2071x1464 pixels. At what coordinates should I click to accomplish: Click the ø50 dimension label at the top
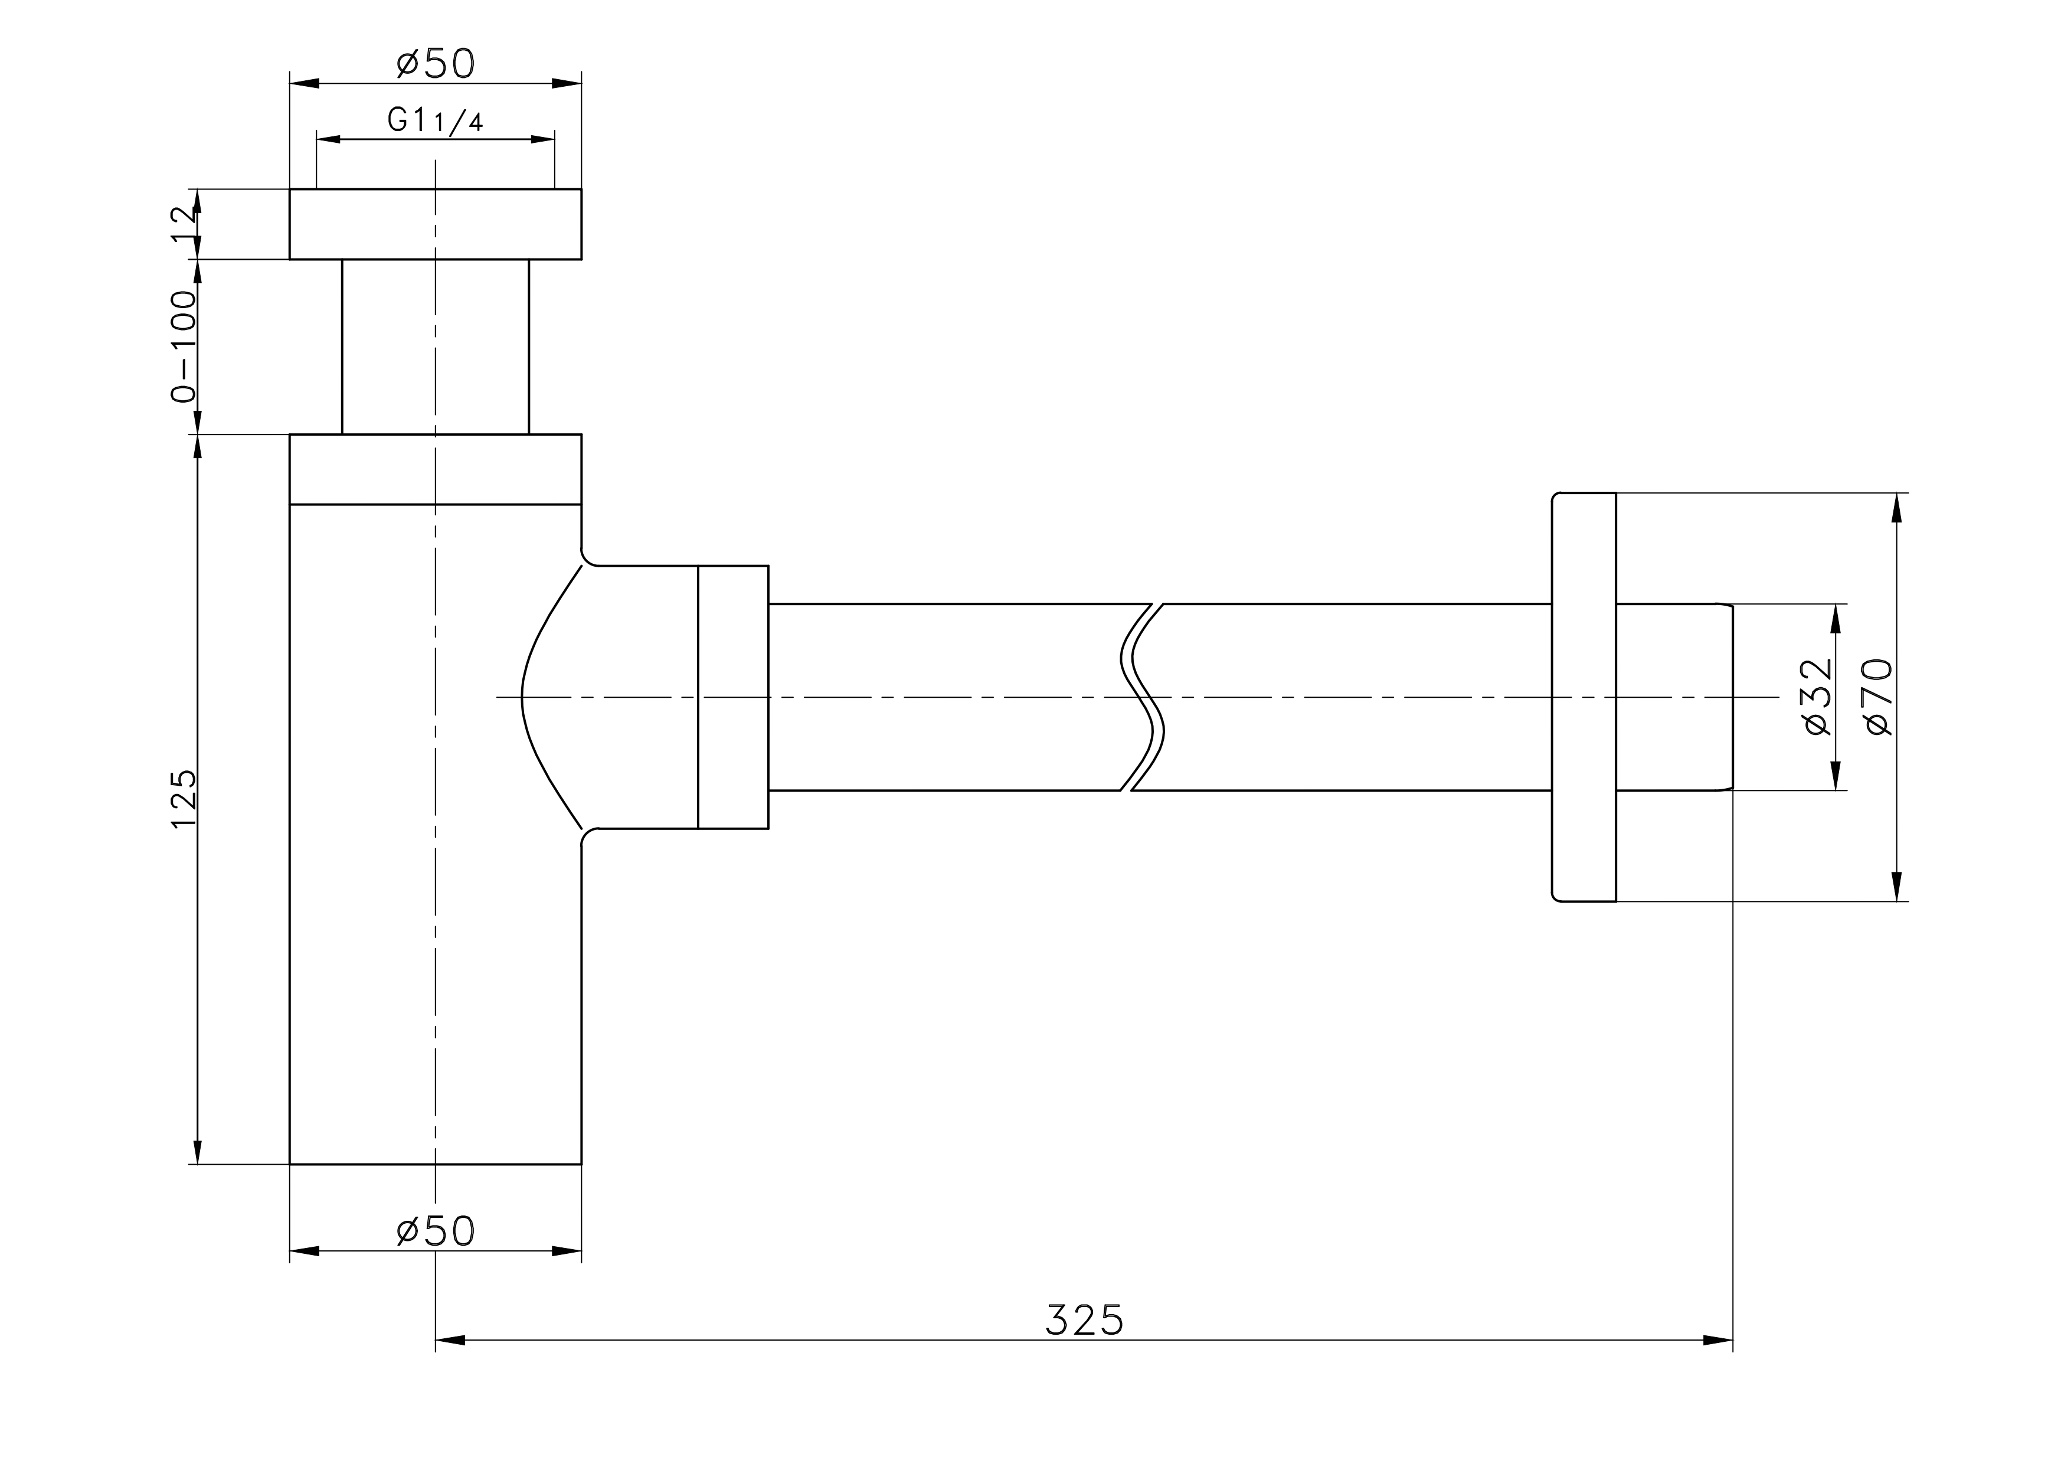(436, 63)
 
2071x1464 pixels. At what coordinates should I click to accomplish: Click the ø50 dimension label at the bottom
(436, 1230)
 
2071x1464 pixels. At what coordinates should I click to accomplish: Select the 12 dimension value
(183, 224)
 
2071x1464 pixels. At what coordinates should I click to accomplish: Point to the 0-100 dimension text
(183, 347)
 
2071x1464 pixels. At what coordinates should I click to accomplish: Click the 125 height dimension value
(183, 799)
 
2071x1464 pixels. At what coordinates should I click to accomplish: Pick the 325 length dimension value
(1085, 1320)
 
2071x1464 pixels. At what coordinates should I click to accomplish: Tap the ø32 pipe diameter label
(1818, 697)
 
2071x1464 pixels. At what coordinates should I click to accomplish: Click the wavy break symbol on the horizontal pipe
(1142, 697)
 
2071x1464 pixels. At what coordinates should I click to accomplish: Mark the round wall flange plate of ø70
(1583, 697)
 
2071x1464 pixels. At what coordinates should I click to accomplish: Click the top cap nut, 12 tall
(436, 224)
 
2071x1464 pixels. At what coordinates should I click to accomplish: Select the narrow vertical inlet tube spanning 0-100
(436, 347)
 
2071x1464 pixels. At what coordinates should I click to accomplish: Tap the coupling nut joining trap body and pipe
(734, 697)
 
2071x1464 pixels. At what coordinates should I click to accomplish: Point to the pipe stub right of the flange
(1674, 697)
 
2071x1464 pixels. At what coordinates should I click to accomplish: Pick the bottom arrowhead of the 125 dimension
(198, 1152)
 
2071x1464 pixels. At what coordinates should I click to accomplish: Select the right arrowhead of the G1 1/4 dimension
(542, 139)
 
